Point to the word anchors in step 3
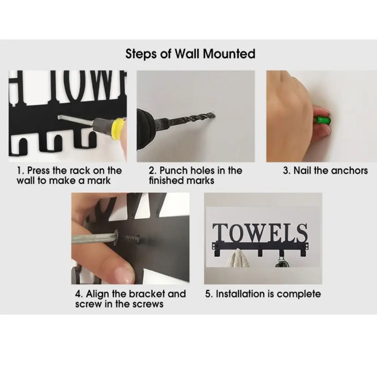349,170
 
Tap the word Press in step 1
40,170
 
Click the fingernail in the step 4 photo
123,271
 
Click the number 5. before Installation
209,294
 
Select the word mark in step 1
101,180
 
